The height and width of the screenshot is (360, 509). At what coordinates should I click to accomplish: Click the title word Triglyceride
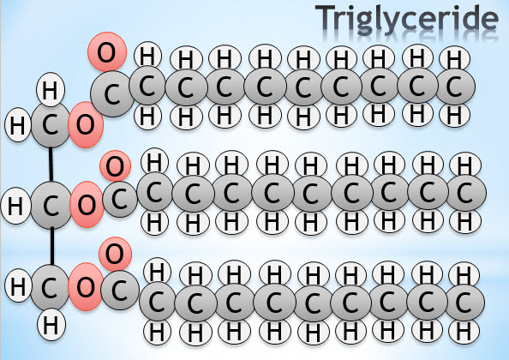(x=407, y=20)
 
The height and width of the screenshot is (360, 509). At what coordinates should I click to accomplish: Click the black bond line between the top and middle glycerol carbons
(x=51, y=164)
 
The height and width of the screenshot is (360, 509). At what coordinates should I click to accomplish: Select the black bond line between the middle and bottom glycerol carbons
(x=52, y=246)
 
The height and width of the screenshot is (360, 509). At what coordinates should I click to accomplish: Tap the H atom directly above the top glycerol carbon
(x=51, y=90)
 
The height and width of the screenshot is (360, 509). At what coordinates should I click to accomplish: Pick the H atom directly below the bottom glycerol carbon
(x=51, y=324)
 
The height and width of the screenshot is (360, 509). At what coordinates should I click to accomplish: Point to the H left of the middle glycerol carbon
(x=16, y=206)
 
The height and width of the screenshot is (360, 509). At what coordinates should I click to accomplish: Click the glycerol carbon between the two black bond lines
(x=51, y=205)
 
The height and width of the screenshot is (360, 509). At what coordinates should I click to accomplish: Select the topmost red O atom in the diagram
(x=107, y=52)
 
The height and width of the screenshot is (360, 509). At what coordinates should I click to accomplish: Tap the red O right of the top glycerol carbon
(x=86, y=124)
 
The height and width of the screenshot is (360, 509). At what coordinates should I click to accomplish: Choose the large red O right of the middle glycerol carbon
(x=87, y=205)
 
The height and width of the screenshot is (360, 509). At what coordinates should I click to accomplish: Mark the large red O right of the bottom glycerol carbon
(x=86, y=287)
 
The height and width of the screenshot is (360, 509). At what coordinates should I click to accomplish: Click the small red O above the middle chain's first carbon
(x=115, y=166)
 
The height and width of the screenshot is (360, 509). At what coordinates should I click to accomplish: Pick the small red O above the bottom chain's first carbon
(x=115, y=254)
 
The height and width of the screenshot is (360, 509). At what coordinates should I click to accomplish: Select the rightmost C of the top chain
(x=454, y=87)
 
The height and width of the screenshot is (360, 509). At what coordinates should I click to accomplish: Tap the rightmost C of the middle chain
(x=465, y=193)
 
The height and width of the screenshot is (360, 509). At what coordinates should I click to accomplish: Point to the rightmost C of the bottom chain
(x=464, y=302)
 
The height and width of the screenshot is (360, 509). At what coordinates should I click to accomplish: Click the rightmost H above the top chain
(x=454, y=59)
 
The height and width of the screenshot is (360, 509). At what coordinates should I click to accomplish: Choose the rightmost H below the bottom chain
(x=464, y=332)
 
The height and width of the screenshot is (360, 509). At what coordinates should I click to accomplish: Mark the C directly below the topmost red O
(x=112, y=94)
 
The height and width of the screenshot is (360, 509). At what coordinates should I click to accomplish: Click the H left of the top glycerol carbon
(x=18, y=125)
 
